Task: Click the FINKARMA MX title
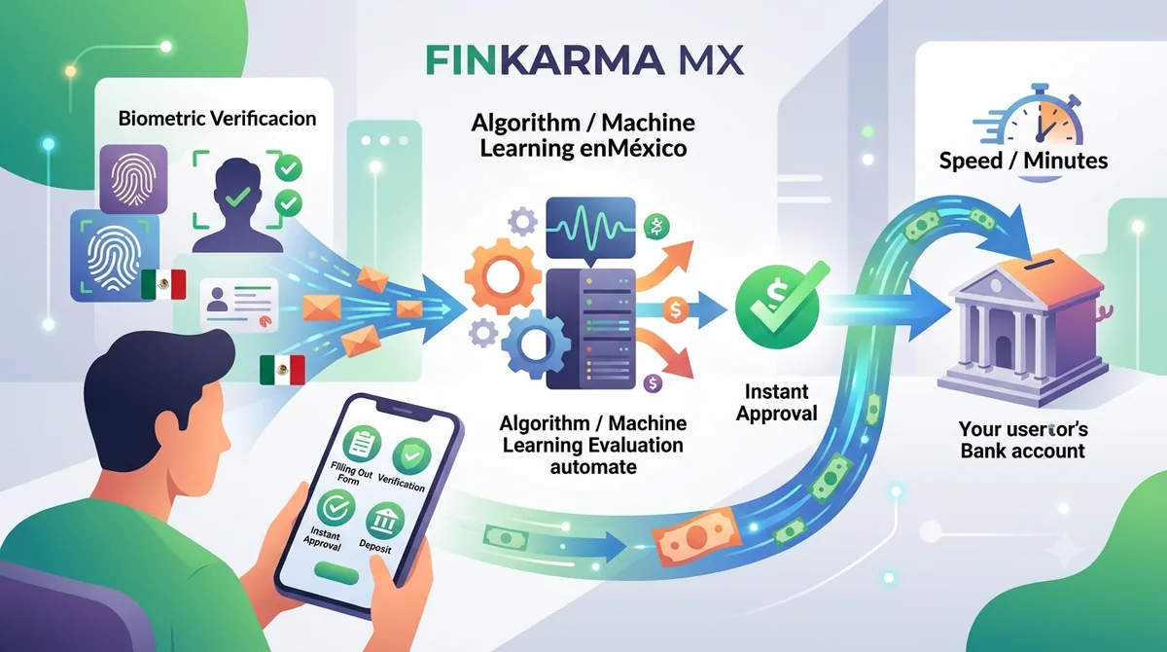pyautogui.click(x=584, y=60)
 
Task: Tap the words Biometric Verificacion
pyautogui.click(x=217, y=119)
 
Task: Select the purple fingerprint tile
pyautogui.click(x=133, y=179)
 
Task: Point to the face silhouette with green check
pyautogui.click(x=238, y=206)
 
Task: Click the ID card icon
pyautogui.click(x=239, y=304)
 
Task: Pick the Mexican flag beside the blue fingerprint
pyautogui.click(x=163, y=284)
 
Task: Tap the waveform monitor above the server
pyautogui.click(x=591, y=229)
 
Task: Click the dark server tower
pyautogui.click(x=591, y=329)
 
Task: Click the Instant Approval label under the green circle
pyautogui.click(x=776, y=402)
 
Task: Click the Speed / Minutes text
pyautogui.click(x=1023, y=161)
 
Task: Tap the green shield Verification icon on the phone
pyautogui.click(x=411, y=457)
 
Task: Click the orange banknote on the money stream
pyautogui.click(x=696, y=537)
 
